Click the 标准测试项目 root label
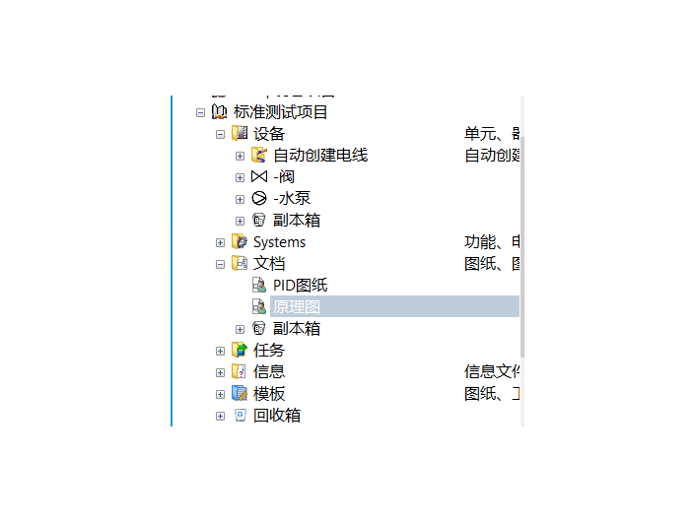tap(281, 112)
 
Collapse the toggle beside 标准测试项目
tap(201, 112)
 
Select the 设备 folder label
tap(269, 134)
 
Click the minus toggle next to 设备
tap(221, 134)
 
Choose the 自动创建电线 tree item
tap(320, 156)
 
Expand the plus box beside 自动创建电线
tap(241, 156)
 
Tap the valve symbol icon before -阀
tap(259, 177)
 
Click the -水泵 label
tap(292, 199)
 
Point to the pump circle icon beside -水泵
tap(259, 199)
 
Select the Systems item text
tap(279, 242)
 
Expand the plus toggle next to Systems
tap(221, 242)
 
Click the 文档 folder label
tap(269, 264)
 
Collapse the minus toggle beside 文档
tap(221, 264)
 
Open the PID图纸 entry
tap(300, 286)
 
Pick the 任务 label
tap(269, 351)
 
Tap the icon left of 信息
tap(240, 372)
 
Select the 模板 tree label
tap(269, 394)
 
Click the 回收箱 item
tap(277, 416)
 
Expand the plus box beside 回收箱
tap(221, 416)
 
